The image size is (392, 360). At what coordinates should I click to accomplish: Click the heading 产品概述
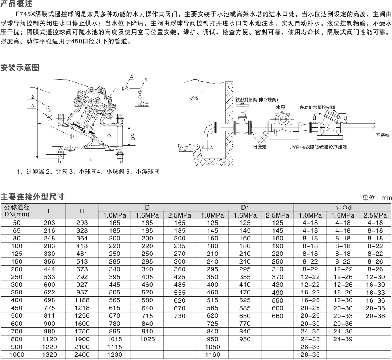17,4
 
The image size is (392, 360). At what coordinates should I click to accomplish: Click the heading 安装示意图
20,67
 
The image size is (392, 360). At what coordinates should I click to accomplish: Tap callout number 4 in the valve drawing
131,77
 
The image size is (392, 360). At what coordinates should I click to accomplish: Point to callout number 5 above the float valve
146,80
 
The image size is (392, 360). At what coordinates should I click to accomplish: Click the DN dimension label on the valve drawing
133,136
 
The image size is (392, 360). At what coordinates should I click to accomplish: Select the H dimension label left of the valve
39,123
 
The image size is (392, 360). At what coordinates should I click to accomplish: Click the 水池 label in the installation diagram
194,98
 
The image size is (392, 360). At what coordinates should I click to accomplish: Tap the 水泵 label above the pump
280,107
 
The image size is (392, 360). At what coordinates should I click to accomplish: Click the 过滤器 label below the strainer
259,148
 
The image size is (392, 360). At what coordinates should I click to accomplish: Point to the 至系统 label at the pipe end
382,135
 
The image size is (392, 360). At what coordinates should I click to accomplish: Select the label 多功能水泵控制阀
317,107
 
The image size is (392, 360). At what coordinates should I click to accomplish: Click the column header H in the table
82,211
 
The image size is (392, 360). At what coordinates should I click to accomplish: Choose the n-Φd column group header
343,207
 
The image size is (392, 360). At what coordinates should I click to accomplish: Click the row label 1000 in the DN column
17,354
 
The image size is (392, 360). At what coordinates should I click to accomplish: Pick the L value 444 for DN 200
49,269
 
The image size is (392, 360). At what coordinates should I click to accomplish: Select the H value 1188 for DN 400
82,300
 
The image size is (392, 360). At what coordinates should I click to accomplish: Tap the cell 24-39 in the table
343,339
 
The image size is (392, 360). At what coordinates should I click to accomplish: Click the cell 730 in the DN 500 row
180,316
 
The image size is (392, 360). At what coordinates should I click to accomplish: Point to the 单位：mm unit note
377,198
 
